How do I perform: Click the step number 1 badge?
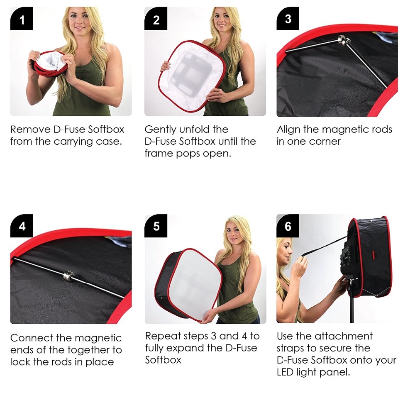22,19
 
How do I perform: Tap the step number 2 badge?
156,19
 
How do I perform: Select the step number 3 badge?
288,19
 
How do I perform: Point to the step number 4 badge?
22,225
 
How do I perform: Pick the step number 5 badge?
156,225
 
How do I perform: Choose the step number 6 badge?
288,225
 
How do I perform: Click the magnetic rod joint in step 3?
344,41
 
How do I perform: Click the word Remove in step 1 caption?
30,129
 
